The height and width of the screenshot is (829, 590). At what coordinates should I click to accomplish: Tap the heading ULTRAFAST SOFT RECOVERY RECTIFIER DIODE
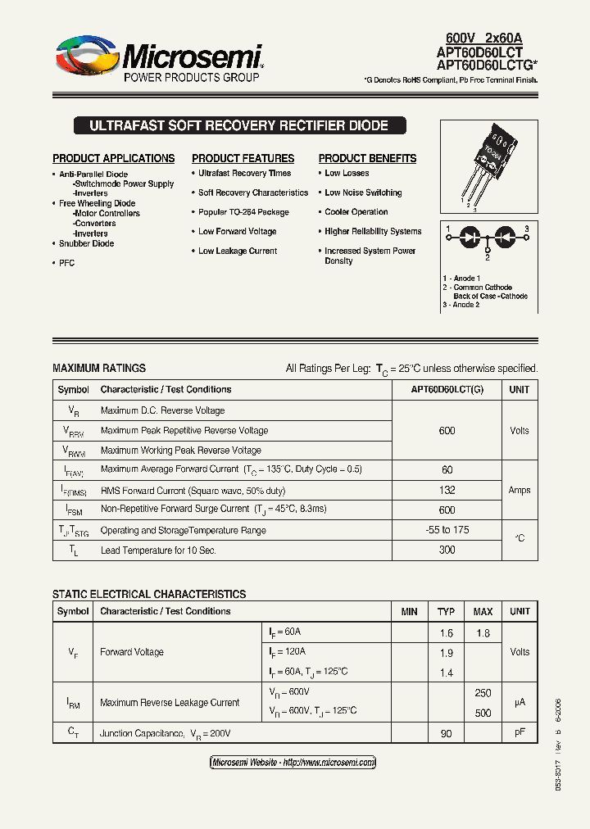[x=238, y=126]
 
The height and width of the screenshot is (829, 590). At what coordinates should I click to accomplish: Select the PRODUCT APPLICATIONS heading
[x=113, y=158]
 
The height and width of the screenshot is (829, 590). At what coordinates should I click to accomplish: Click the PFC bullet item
[x=66, y=263]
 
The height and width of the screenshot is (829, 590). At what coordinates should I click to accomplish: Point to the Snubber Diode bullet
[x=86, y=243]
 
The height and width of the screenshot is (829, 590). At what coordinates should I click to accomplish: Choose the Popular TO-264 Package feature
[x=243, y=212]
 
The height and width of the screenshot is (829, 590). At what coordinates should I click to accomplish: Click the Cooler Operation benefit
[x=356, y=212]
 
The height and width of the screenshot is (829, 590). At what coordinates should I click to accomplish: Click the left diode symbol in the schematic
[x=470, y=237]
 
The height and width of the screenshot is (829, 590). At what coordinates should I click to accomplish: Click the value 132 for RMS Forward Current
[x=447, y=490]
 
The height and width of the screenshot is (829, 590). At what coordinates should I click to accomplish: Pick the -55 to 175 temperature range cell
[x=447, y=530]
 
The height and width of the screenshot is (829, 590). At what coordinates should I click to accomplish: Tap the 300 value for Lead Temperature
[x=447, y=550]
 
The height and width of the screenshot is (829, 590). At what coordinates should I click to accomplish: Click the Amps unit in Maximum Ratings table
[x=519, y=490]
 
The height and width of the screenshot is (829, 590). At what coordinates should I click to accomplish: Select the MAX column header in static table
[x=483, y=612]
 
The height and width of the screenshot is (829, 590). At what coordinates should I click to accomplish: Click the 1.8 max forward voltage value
[x=483, y=632]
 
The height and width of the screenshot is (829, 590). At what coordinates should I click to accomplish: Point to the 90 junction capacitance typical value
[x=446, y=733]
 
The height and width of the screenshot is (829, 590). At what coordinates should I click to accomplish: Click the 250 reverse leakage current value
[x=483, y=693]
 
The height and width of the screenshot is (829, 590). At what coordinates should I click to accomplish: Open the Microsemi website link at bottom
[x=293, y=763]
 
